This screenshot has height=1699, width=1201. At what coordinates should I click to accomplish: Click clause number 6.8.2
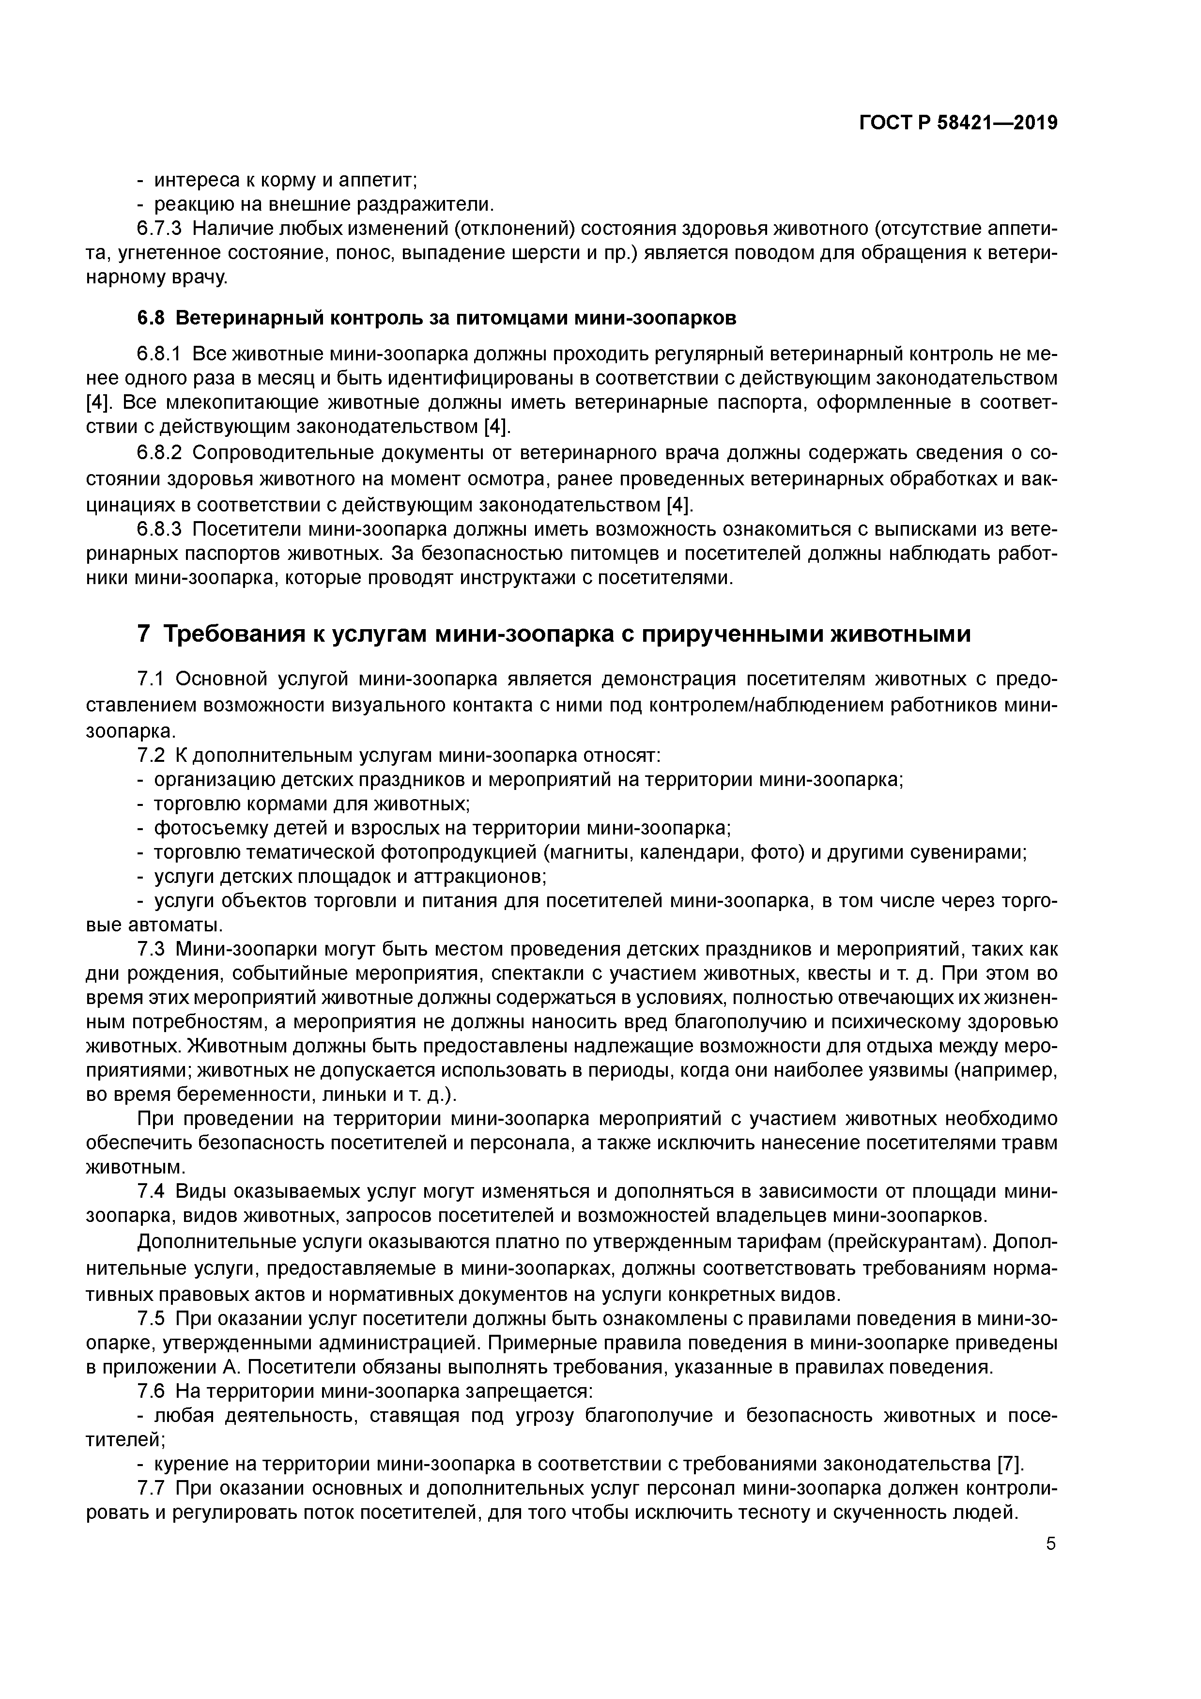coord(160,453)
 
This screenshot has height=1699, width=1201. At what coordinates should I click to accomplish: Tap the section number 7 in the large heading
coord(143,634)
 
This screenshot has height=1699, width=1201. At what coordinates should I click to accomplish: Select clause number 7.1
coord(154,680)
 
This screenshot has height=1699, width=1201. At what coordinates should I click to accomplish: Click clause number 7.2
coord(154,756)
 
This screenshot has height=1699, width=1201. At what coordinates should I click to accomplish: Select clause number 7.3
coord(154,949)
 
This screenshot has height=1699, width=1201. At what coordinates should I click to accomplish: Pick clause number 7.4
coord(154,1192)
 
